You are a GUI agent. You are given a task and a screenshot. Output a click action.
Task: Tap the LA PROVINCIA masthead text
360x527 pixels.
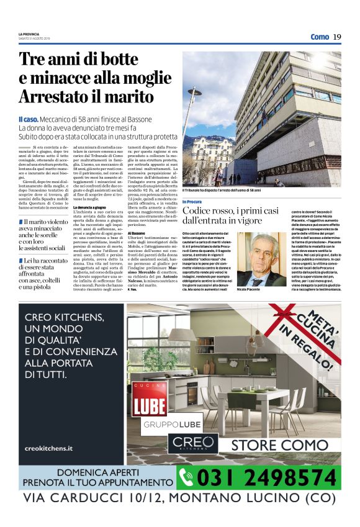click(x=30, y=35)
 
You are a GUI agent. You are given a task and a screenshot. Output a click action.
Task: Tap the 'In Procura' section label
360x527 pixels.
click(x=192, y=202)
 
